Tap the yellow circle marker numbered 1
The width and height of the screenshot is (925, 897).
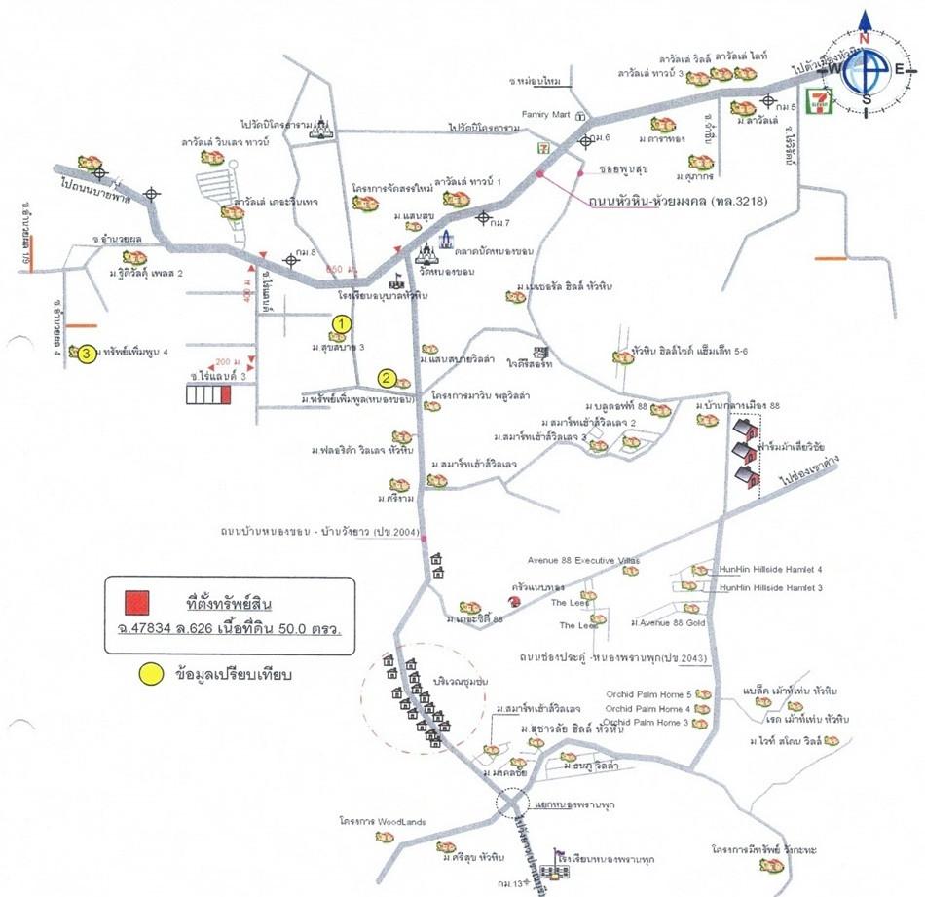point(342,322)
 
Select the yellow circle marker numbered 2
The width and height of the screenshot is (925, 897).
point(388,378)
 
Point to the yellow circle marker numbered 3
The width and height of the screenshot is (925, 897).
point(87,354)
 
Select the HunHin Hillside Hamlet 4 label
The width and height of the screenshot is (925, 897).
point(770,569)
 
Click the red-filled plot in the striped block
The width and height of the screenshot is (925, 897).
point(226,394)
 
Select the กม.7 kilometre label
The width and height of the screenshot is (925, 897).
point(500,223)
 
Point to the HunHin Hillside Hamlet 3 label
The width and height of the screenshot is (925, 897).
point(770,588)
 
